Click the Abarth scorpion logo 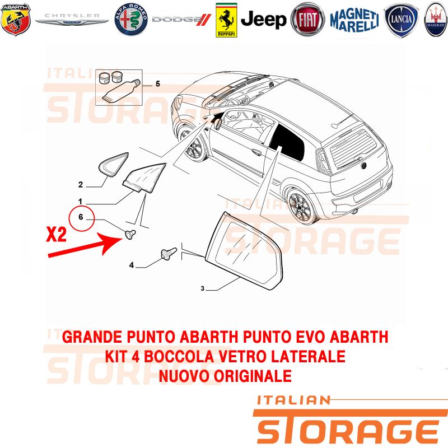(x=16, y=20)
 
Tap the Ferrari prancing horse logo (x=226, y=20)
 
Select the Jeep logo (x=263, y=20)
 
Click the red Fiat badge (x=307, y=20)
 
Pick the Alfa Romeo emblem (x=131, y=20)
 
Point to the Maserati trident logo (x=436, y=20)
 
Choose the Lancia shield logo (x=401, y=20)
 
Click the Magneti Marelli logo (x=354, y=20)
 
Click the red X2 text (x=57, y=235)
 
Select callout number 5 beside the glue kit (x=158, y=83)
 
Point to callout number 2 (x=81, y=185)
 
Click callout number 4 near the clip (x=132, y=265)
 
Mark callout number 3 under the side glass (x=203, y=288)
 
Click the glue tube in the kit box (x=122, y=90)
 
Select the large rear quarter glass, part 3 (x=245, y=251)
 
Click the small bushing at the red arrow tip (x=130, y=234)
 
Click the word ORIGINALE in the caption (x=253, y=376)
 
